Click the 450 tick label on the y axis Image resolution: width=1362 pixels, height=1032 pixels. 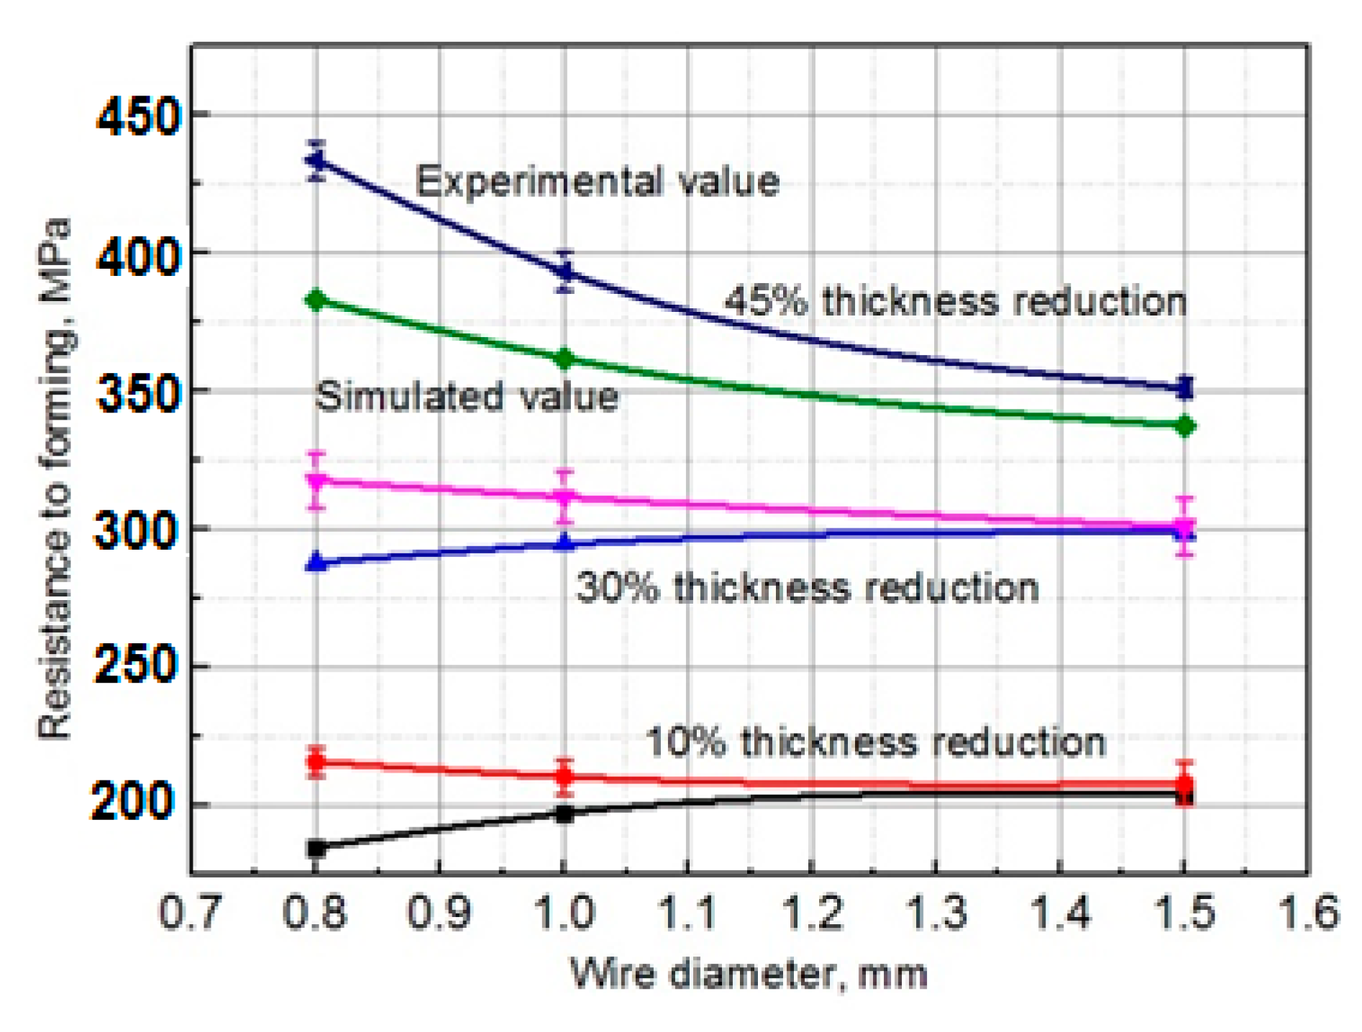[x=137, y=117]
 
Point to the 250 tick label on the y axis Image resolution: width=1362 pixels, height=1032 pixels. [x=135, y=665]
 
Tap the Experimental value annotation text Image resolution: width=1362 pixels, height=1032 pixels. [x=597, y=181]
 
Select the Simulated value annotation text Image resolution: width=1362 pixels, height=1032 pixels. [x=466, y=397]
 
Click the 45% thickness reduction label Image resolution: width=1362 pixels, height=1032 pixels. [x=955, y=300]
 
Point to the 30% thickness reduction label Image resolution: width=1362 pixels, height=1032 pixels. [x=808, y=587]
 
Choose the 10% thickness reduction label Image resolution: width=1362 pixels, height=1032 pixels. [x=875, y=742]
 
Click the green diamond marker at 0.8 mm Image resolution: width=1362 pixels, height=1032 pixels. [x=316, y=300]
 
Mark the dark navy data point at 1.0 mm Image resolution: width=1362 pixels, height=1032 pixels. [x=565, y=271]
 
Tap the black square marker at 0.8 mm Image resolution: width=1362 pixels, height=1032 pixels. [x=316, y=848]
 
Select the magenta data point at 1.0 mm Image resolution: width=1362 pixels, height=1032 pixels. [x=565, y=497]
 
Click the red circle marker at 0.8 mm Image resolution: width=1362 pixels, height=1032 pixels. [x=316, y=762]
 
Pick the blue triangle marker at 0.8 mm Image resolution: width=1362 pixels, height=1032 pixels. [x=316, y=562]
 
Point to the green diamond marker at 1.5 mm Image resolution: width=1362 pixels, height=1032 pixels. [x=1184, y=426]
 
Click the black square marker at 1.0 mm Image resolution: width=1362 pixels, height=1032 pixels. [x=565, y=814]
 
